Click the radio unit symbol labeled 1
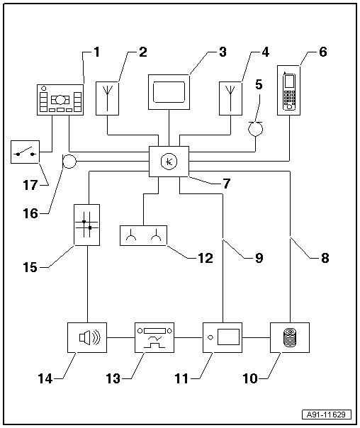click(60, 100)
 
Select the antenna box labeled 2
click(107, 98)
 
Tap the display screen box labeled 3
click(169, 92)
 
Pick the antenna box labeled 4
click(230, 98)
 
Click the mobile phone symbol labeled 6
click(288, 90)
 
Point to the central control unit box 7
click(169, 162)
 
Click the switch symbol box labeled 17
click(25, 152)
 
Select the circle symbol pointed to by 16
click(69, 162)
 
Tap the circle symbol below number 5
click(255, 129)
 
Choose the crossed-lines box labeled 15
click(86, 225)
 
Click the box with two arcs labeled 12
click(144, 235)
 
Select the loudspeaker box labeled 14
click(87, 337)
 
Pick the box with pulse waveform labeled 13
click(154, 337)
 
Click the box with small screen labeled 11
click(223, 337)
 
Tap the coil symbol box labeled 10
click(290, 337)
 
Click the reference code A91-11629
click(327, 415)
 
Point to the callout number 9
click(259, 258)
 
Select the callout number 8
click(325, 258)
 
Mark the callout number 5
click(259, 84)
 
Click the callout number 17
click(30, 186)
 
